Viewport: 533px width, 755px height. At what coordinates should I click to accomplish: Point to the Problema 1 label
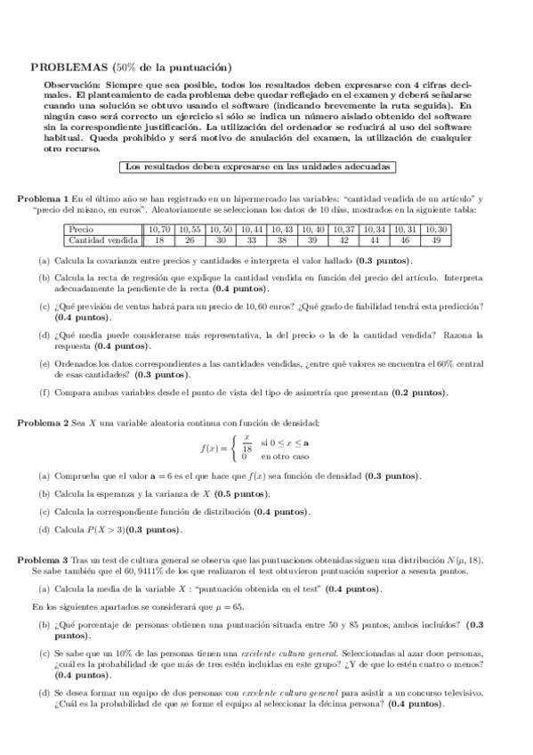tap(44, 197)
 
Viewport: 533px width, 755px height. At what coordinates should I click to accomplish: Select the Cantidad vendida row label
tap(103, 239)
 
